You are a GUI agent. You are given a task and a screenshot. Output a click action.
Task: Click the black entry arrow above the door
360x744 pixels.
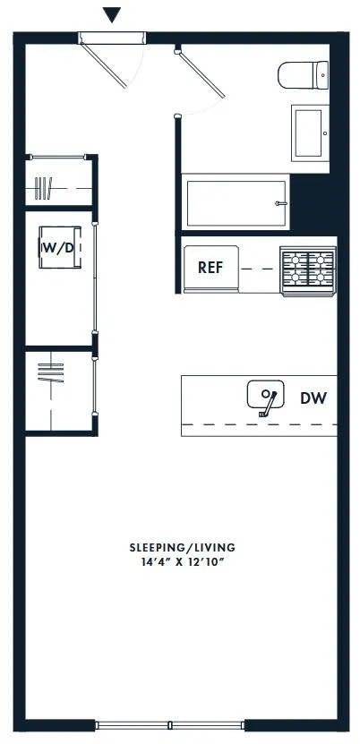click(111, 14)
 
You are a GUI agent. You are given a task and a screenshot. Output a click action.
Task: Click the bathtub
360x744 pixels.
click(236, 204)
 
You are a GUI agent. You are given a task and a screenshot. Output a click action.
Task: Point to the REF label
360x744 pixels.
click(210, 268)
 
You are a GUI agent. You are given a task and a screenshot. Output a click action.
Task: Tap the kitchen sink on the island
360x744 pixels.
click(265, 395)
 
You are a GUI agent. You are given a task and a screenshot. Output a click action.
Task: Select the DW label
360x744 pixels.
click(313, 397)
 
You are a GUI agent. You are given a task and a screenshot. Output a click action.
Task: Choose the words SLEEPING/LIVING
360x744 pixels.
click(182, 547)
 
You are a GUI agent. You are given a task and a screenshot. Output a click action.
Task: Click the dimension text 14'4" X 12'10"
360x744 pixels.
click(182, 563)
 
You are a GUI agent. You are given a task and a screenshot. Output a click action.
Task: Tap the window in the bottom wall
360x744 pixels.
click(170, 723)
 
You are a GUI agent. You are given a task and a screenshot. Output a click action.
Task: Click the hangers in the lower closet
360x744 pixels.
click(52, 371)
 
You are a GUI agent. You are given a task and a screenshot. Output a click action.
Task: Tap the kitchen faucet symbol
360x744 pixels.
click(266, 402)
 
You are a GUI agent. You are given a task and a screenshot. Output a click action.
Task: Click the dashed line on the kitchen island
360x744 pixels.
click(259, 423)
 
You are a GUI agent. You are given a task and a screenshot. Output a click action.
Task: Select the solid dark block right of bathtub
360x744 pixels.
click(312, 204)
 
